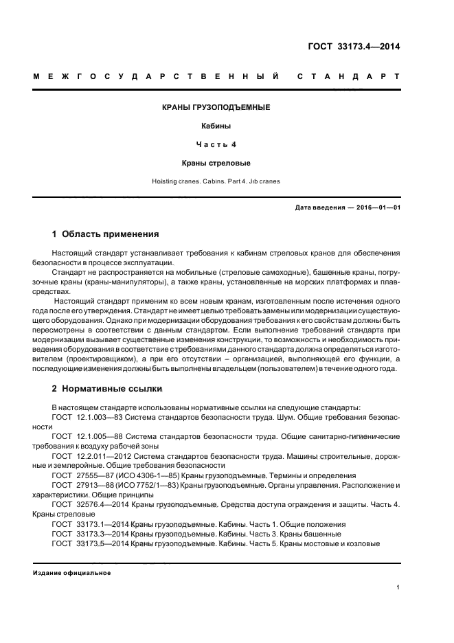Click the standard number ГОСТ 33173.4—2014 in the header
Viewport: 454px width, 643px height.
click(354, 47)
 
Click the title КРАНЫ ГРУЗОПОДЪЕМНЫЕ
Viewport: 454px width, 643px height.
click(216, 109)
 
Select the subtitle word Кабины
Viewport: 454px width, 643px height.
click(216, 126)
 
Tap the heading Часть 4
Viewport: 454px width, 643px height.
click(216, 145)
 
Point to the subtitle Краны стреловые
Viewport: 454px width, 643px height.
click(216, 163)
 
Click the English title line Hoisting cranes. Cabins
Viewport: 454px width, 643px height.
click(216, 182)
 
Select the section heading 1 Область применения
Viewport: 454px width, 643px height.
click(106, 234)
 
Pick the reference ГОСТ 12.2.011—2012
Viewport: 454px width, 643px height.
click(87, 455)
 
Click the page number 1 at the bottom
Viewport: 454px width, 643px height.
click(398, 587)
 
